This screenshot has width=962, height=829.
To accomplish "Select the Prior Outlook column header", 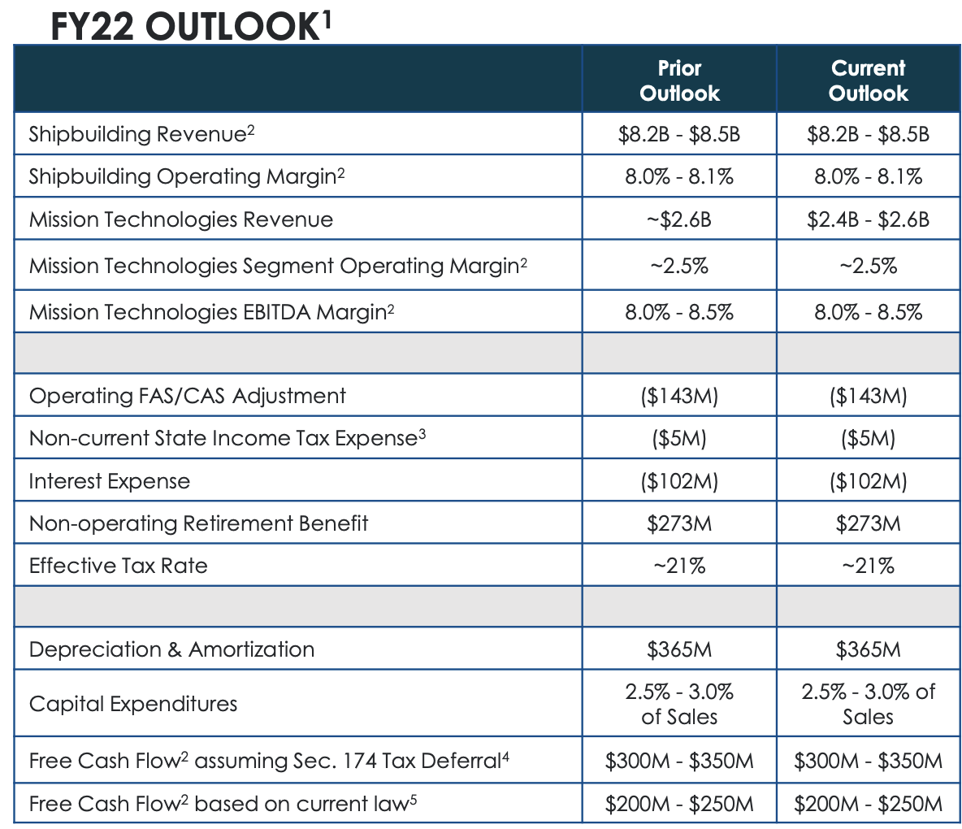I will pyautogui.click(x=679, y=80).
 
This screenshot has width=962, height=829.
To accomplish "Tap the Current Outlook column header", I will pyautogui.click(x=868, y=80).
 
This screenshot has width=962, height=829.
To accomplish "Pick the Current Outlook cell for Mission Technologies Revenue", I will pyautogui.click(x=868, y=219).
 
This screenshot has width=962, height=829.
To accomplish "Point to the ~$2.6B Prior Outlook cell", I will pyautogui.click(x=679, y=219).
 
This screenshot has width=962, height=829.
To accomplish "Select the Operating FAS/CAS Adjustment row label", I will pyautogui.click(x=187, y=396).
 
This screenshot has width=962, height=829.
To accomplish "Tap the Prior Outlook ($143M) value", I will pyautogui.click(x=679, y=396).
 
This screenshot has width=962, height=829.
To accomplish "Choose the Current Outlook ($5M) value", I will pyautogui.click(x=868, y=439).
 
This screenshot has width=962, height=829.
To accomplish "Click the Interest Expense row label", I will pyautogui.click(x=109, y=481).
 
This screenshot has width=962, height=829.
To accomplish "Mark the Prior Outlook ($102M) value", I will pyautogui.click(x=679, y=481).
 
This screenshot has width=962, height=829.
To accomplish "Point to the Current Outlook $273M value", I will pyautogui.click(x=868, y=523).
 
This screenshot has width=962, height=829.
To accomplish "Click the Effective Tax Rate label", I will pyautogui.click(x=118, y=566).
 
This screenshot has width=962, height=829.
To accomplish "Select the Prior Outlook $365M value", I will pyautogui.click(x=679, y=649).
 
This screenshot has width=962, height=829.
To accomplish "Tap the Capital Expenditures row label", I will pyautogui.click(x=133, y=704).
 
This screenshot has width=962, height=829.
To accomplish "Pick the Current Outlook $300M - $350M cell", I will pyautogui.click(x=868, y=762).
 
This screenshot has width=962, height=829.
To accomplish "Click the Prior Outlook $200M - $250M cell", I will pyautogui.click(x=679, y=804).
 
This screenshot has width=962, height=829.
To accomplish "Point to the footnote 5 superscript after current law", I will pyautogui.click(x=414, y=798).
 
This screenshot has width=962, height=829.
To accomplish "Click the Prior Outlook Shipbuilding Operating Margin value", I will pyautogui.click(x=679, y=177).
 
